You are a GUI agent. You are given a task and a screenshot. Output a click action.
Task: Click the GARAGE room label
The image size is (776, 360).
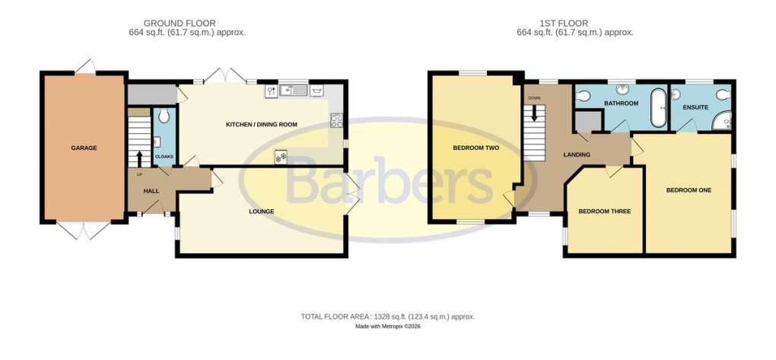pyautogui.click(x=84, y=148)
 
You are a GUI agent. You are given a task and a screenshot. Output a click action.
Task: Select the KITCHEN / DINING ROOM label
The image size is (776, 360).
pyautogui.click(x=261, y=124)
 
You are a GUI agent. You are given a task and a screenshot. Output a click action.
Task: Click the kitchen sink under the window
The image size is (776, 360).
pyautogui.click(x=293, y=91)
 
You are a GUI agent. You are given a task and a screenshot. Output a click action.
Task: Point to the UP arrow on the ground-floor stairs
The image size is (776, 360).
pyautogui.click(x=140, y=159)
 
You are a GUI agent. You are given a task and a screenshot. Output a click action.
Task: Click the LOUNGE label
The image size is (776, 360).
pyautogui.click(x=261, y=211)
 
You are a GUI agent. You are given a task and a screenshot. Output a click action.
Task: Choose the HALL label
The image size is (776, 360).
pyautogui.click(x=151, y=190)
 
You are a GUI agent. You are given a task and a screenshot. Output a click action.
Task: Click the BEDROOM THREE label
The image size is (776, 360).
pyautogui.click(x=604, y=211)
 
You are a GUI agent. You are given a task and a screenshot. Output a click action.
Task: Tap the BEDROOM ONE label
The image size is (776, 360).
pyautogui.click(x=689, y=190)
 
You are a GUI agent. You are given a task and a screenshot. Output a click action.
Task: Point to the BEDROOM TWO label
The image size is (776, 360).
pyautogui.click(x=475, y=148)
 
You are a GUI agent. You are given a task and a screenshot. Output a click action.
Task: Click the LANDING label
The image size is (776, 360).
pyautogui.click(x=576, y=155)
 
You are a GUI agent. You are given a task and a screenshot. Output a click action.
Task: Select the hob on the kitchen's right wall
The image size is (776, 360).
pyautogui.click(x=336, y=120)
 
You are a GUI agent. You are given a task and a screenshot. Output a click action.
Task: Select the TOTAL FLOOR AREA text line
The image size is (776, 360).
pyautogui.click(x=388, y=316)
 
